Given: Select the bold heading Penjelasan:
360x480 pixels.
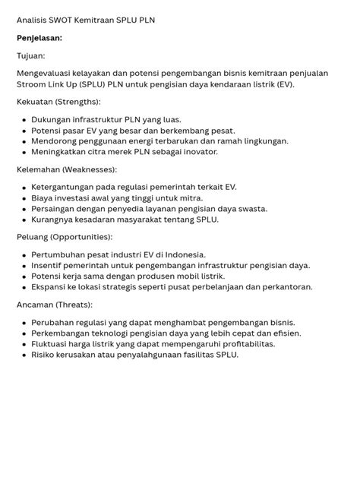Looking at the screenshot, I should [39, 37].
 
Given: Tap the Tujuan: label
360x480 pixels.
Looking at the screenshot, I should [31, 55].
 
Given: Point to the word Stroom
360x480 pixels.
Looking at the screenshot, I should [33, 84].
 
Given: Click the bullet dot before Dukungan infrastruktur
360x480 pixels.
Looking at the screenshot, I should [24, 120].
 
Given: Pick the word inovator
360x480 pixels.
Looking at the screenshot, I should [198, 152].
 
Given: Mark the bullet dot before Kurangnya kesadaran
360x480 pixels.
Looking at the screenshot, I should [24, 219].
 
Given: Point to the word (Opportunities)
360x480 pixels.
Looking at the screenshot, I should [84, 238].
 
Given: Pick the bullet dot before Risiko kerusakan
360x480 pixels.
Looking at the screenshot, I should [24, 355].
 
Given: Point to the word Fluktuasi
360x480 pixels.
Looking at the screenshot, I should [52, 344].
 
